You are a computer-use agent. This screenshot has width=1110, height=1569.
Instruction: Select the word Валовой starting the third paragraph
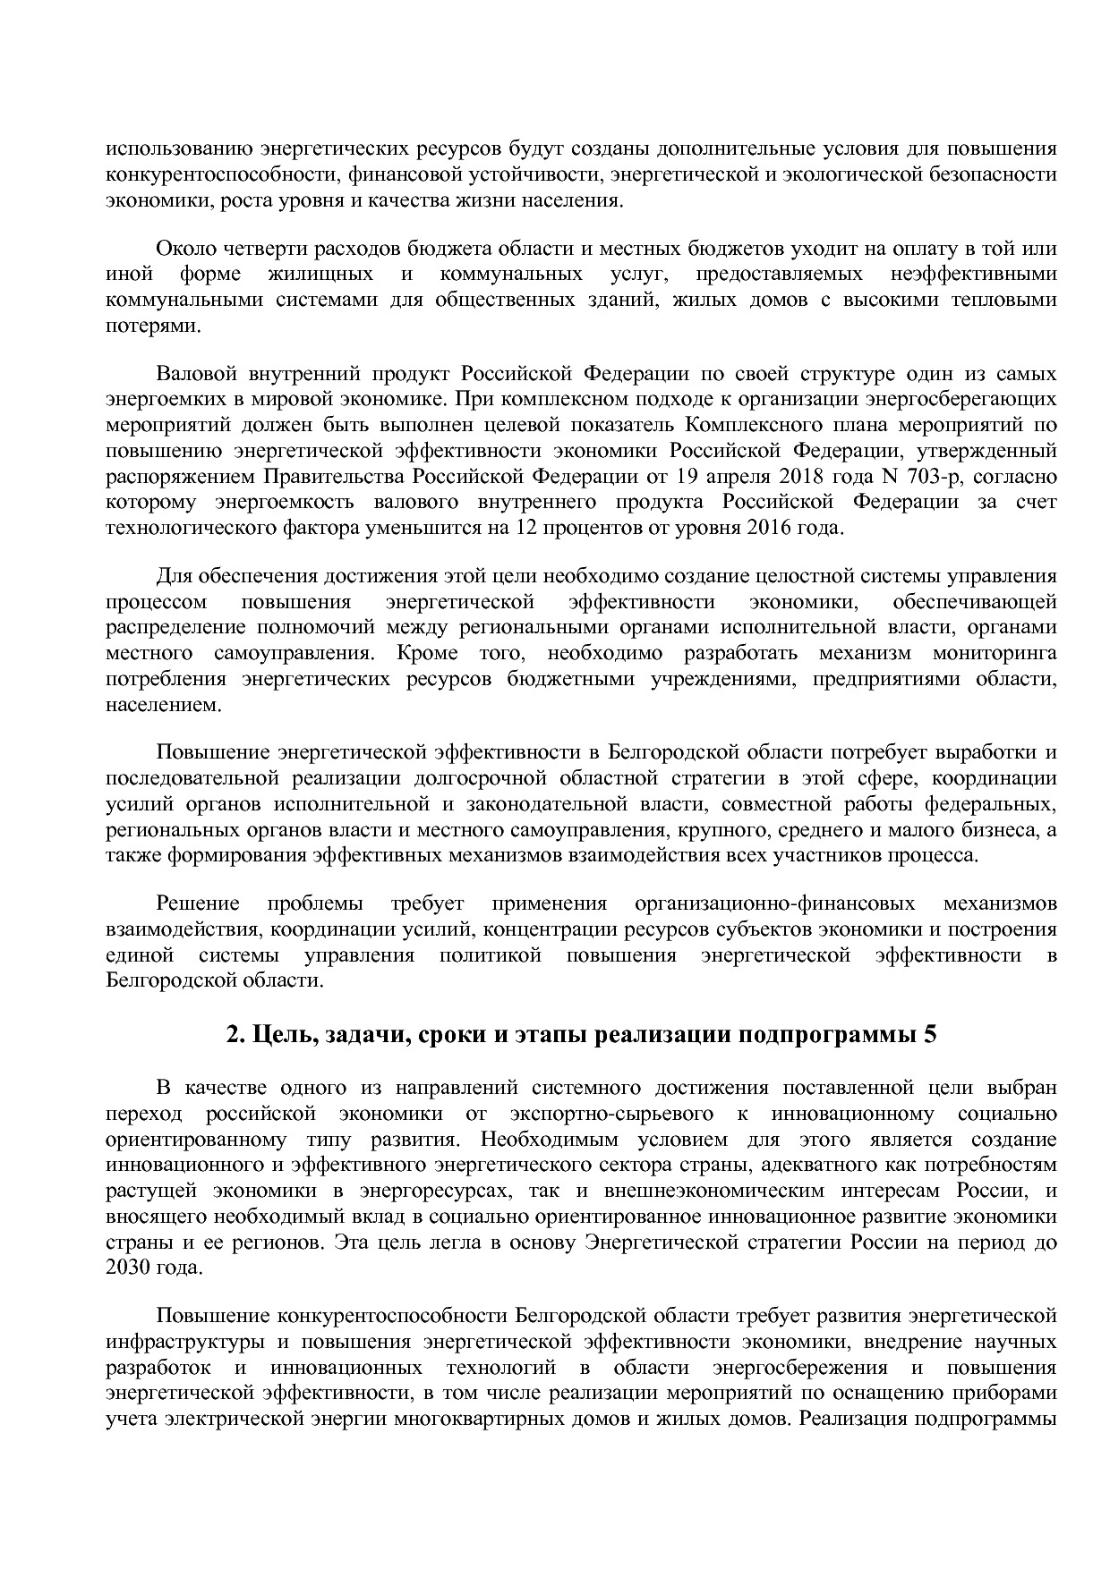[193, 373]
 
